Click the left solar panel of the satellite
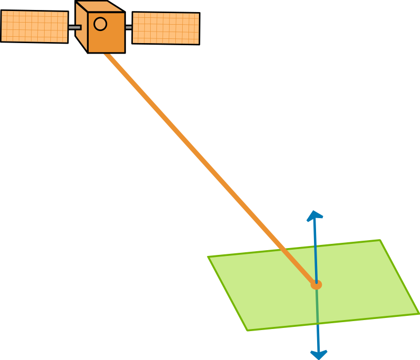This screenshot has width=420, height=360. point(34,26)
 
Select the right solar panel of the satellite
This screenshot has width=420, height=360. point(166,28)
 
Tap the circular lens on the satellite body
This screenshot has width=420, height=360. point(100,24)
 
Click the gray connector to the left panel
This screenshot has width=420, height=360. point(74,27)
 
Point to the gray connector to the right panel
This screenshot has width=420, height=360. point(129,27)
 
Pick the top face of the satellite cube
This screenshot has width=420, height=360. point(99,7)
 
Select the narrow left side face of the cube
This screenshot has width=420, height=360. point(81,27)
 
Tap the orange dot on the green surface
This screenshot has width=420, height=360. point(316,285)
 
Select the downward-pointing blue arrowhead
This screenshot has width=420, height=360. point(319,355)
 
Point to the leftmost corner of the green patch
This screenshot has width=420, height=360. point(208,257)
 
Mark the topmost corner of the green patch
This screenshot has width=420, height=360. point(380,241)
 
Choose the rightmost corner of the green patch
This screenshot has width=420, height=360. point(418,314)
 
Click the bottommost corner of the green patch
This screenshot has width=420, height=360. point(248,330)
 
